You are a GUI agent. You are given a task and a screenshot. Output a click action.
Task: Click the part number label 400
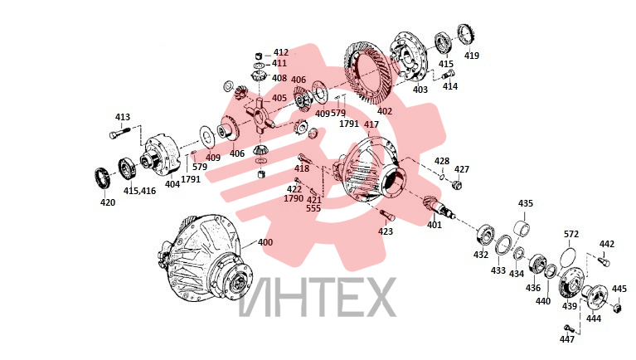tap(265, 242)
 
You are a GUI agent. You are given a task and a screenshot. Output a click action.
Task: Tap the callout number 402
tap(385, 111)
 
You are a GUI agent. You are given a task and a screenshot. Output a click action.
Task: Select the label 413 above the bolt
tap(123, 117)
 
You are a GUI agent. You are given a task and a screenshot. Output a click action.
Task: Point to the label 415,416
tap(139, 191)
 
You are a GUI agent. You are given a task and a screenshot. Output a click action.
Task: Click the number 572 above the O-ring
tap(571, 234)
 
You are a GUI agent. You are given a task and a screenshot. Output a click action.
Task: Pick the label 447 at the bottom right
tap(566, 339)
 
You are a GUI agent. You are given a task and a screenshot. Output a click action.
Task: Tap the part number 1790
tap(294, 198)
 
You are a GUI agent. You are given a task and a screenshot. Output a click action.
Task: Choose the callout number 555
tap(313, 208)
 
